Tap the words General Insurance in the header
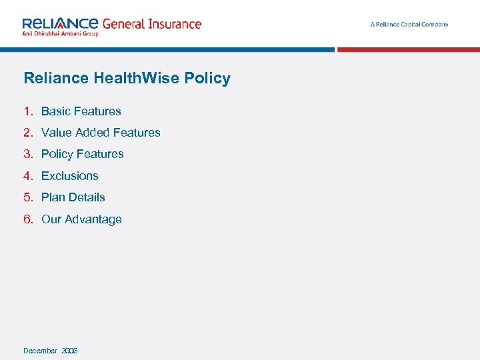[151, 24]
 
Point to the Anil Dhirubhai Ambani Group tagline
[61, 34]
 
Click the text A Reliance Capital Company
[409, 25]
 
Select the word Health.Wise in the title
[137, 78]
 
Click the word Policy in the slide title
[208, 78]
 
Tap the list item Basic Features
[81, 111]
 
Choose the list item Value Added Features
[101, 133]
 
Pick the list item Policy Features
[83, 154]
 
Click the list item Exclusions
[70, 176]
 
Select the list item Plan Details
[73, 197]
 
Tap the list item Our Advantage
[81, 219]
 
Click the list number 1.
[27, 111]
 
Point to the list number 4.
[27, 176]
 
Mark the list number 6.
[27, 219]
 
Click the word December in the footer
[41, 351]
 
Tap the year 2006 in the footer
[69, 351]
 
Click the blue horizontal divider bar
[167, 49]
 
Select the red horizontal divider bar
[408, 49]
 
